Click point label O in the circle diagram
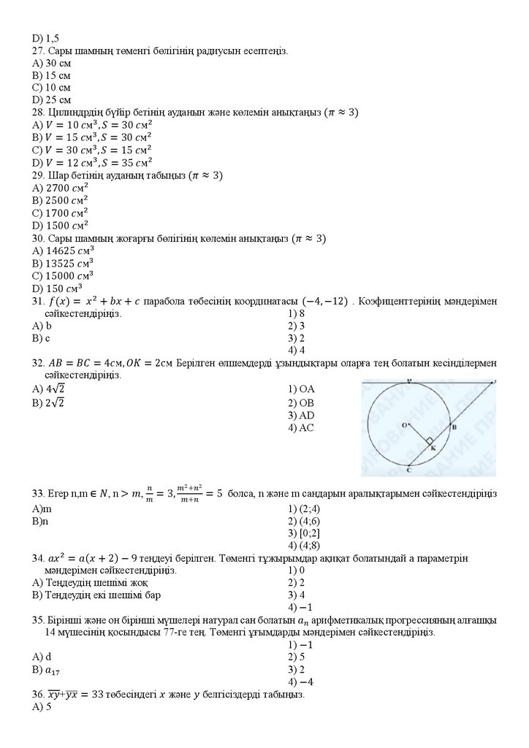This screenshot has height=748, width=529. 403,424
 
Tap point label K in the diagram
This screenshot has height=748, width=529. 433,448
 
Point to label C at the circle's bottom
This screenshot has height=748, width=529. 408,469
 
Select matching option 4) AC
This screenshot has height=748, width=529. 301,428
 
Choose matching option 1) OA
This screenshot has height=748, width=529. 301,389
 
